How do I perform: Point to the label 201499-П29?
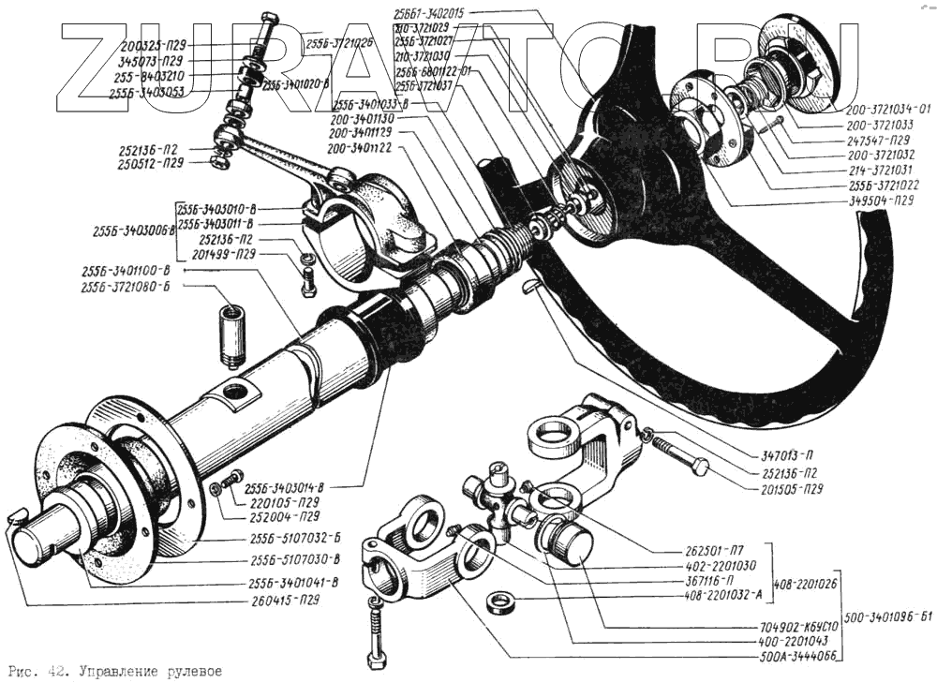coord(223,254)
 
